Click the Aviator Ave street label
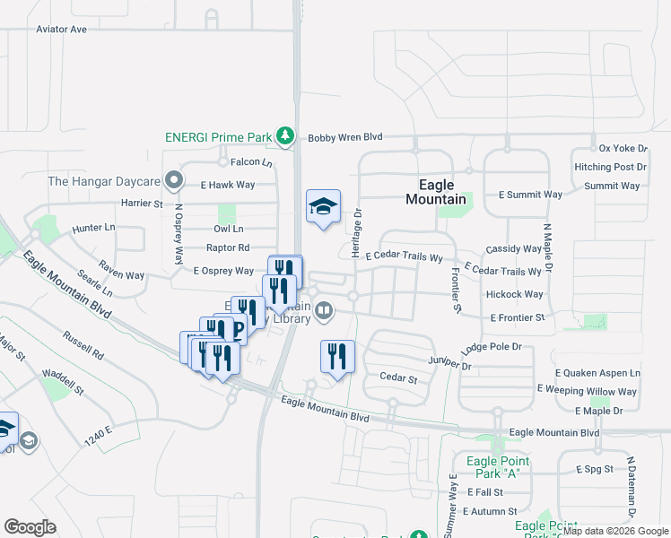62,30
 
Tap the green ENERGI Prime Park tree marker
285,136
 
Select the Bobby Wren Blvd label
345,137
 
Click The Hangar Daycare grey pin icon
175,181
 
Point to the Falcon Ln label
251,162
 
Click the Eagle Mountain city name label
436,192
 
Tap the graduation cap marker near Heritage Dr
323,207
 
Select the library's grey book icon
324,312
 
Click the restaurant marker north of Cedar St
337,357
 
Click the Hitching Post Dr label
610,167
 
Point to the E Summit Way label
530,195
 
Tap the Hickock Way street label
514,294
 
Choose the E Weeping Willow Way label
587,391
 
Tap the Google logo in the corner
30,526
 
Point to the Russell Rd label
83,347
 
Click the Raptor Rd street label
228,247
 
